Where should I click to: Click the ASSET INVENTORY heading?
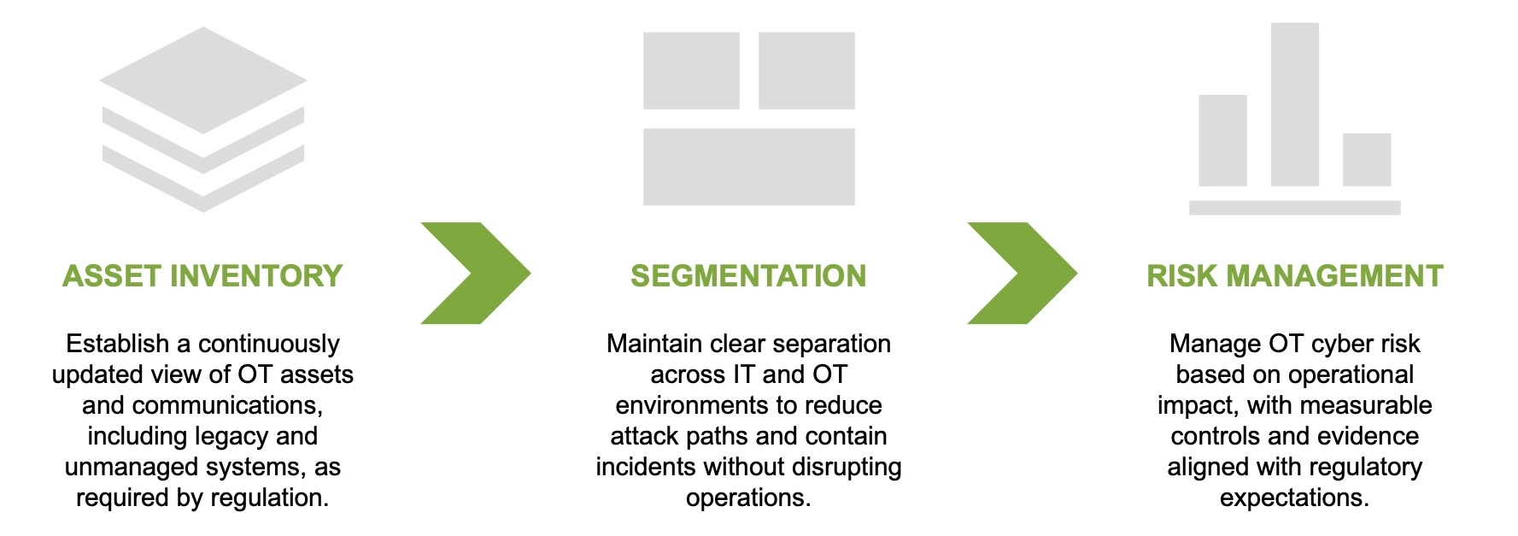(x=202, y=276)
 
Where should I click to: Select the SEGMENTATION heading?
(x=748, y=276)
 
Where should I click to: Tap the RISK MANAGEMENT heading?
(x=1294, y=276)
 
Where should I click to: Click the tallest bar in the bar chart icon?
(x=1294, y=104)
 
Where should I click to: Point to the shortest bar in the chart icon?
(x=1367, y=160)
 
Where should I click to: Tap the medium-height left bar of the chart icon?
(x=1222, y=141)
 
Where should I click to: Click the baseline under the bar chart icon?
(x=1294, y=208)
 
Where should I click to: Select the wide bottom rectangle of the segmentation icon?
(x=748, y=167)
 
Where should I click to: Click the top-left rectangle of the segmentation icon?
(x=691, y=71)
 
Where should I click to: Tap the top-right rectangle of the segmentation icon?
(x=806, y=71)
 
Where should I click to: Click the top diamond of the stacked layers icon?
(x=203, y=80)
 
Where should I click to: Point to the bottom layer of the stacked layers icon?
(x=203, y=184)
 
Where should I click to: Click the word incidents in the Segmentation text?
(x=646, y=467)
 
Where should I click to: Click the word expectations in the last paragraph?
(x=1293, y=498)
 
